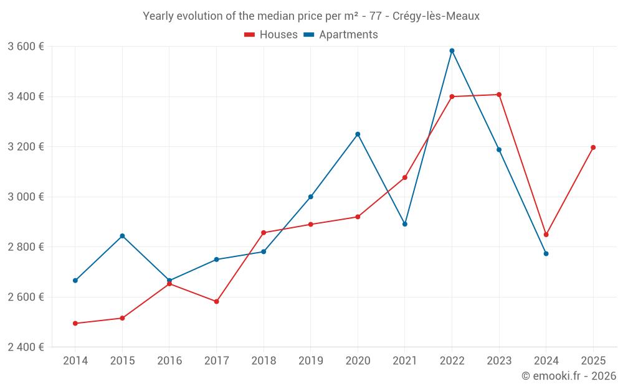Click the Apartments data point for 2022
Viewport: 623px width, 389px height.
pos(452,51)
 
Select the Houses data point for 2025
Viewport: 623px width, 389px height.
pos(593,148)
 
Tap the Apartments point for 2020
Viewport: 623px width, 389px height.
pos(358,134)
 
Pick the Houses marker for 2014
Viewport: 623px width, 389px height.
pos(75,324)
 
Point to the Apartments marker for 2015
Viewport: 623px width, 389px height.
pos(122,236)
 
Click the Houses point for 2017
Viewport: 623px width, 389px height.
pos(216,301)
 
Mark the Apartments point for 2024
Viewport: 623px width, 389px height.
pos(546,254)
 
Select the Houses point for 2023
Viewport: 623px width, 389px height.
pos(499,95)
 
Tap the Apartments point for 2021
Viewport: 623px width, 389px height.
pos(405,224)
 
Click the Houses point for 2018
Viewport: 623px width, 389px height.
pos(264,233)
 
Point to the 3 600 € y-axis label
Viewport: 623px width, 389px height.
pos(26,47)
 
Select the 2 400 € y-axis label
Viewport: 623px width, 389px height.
pos(26,347)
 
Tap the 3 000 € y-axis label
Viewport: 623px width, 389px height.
pos(26,197)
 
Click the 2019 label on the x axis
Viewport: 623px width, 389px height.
pos(310,361)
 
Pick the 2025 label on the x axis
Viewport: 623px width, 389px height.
pos(593,361)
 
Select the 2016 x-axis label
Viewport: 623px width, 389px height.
pos(169,361)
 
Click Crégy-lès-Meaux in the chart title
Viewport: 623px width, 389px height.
pos(436,16)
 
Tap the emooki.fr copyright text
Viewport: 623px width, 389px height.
pos(569,376)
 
